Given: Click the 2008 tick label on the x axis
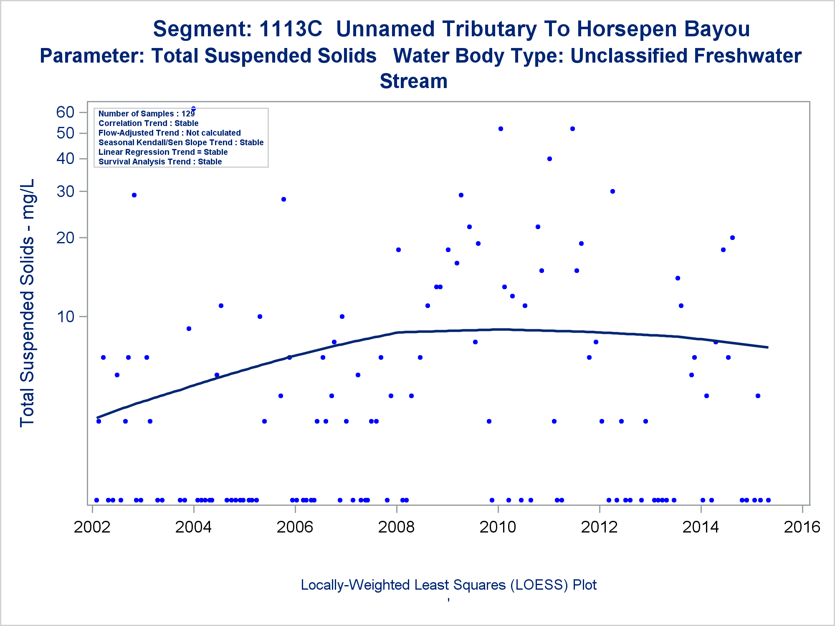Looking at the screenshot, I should [x=396, y=527].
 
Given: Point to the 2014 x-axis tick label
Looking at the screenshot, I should [x=701, y=527].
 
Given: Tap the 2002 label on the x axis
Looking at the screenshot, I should [x=92, y=527].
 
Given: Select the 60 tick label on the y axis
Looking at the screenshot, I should [x=66, y=112].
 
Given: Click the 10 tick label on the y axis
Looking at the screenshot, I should [x=66, y=317].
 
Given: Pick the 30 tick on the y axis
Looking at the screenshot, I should [x=66, y=192].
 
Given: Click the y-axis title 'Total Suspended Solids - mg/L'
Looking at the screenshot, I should [x=28, y=303].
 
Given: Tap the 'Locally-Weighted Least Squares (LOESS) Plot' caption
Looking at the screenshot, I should [x=448, y=585].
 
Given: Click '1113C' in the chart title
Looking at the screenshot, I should [x=291, y=29].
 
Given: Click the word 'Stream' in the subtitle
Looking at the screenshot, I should [x=413, y=81].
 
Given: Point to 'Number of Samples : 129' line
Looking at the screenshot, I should [x=147, y=114].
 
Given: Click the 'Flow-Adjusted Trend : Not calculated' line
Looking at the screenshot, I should [x=170, y=133].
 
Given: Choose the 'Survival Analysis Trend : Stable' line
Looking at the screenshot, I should [x=160, y=162].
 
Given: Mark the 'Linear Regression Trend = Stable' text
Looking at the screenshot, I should [x=163, y=152].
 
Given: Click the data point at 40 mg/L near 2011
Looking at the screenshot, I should [x=549, y=159].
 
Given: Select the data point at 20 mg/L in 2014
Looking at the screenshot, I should [x=732, y=238].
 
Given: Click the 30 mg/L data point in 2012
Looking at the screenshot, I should [x=612, y=192].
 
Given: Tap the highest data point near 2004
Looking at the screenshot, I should [x=193, y=109].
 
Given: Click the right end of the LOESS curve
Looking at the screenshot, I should [x=767, y=347].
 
